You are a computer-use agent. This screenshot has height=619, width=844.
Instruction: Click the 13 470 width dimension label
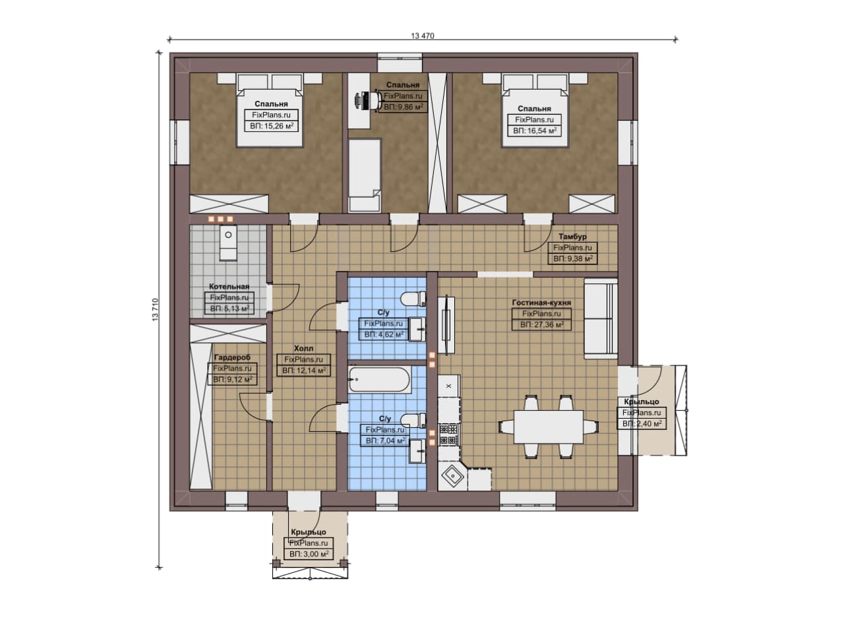coord(423,36)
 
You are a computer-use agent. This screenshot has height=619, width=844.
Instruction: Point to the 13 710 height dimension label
coord(156,310)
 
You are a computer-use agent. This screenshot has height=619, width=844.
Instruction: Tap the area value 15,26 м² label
coord(271,126)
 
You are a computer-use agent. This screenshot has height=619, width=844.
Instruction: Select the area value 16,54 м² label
coord(534,131)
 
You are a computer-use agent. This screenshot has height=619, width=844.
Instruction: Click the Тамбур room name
coord(572,237)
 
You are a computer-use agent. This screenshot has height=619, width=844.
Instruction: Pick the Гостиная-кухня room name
coord(541,303)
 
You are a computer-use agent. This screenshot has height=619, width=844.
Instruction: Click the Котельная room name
coord(229,287)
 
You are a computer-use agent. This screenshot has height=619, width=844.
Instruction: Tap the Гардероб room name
coord(232,357)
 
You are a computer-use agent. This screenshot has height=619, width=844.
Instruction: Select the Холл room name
coord(303,349)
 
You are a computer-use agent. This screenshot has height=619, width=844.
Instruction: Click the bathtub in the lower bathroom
coord(379,380)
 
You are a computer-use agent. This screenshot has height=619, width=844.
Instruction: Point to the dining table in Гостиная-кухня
coord(549,427)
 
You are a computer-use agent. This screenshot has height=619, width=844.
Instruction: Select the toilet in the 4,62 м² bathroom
coord(413,299)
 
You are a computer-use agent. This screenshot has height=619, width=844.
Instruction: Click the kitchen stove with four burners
coord(448,434)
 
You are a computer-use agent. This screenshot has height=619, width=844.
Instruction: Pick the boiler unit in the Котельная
coord(228,242)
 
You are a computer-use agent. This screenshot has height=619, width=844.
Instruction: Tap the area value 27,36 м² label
coord(541,324)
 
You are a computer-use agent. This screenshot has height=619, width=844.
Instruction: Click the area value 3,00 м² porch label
coord(309,554)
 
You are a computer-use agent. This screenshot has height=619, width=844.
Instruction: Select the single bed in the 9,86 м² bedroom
coord(365,175)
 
